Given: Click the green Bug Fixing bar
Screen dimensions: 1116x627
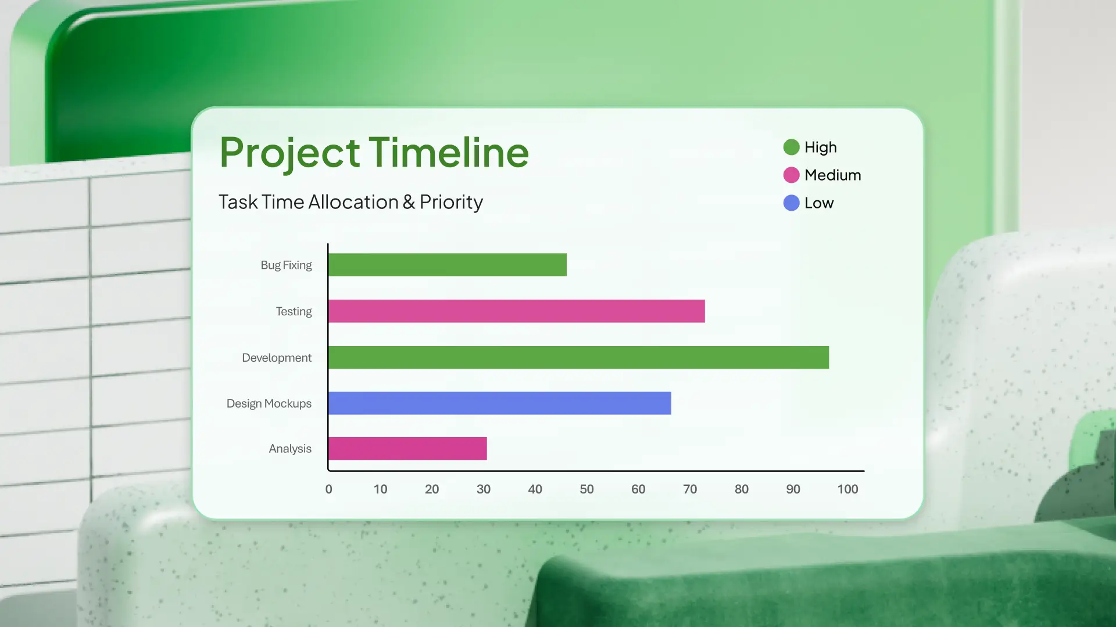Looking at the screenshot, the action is [448, 265].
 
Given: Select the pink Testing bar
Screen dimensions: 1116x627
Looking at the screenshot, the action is [517, 311].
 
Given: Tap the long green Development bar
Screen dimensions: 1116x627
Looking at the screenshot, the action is [579, 358].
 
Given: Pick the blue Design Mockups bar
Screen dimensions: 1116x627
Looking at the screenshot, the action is [500, 403].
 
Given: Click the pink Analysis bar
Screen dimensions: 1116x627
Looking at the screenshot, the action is [407, 449].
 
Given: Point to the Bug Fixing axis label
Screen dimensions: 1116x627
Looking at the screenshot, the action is [286, 265].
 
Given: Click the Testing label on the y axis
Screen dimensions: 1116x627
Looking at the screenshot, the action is [294, 312].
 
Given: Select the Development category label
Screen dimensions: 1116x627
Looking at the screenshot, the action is [277, 358].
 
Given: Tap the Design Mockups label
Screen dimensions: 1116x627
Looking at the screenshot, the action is [269, 403].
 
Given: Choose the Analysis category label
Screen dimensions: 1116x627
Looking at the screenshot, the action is [290, 449].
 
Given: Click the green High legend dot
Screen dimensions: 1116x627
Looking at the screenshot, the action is [791, 147].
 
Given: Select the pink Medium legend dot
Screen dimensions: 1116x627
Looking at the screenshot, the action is [791, 175].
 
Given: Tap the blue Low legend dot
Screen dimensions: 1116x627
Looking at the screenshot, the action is [791, 203].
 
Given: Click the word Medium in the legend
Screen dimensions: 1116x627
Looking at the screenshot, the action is [833, 175].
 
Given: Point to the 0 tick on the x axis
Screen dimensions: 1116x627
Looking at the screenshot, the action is [329, 489].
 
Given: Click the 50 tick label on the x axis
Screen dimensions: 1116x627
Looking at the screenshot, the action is [586, 489].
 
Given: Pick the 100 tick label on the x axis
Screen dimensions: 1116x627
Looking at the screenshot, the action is [847, 489].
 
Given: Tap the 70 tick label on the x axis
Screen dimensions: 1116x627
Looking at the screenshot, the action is [690, 489].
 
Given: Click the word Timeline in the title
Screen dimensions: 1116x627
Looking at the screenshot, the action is [449, 153].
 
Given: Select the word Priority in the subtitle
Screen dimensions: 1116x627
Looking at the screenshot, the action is [451, 202].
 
